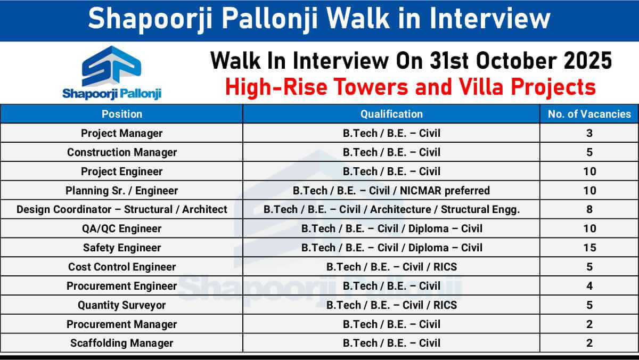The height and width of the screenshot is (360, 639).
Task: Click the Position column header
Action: (x=122, y=114)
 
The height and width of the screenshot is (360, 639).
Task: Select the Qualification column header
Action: (x=391, y=114)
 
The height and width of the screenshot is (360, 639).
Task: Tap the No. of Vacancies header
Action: (x=589, y=114)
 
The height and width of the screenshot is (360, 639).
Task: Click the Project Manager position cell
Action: (x=122, y=133)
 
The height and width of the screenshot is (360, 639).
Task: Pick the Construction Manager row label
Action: (x=122, y=152)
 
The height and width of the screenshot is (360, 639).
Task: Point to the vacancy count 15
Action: (x=589, y=248)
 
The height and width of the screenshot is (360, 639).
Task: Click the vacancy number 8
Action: (x=589, y=209)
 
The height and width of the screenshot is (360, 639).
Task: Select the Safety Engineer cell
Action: (x=122, y=248)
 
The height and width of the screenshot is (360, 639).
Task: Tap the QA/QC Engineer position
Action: (x=122, y=228)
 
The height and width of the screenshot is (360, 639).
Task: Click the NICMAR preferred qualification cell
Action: (x=391, y=191)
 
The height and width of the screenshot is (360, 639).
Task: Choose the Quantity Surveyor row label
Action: (x=122, y=305)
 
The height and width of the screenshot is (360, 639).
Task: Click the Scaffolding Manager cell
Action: (x=122, y=343)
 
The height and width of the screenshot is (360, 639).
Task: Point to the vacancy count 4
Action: (x=589, y=286)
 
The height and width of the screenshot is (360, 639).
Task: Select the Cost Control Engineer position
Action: (x=122, y=267)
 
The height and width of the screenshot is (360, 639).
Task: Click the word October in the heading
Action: (x=517, y=61)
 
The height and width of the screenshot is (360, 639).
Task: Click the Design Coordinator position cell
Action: (x=122, y=209)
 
